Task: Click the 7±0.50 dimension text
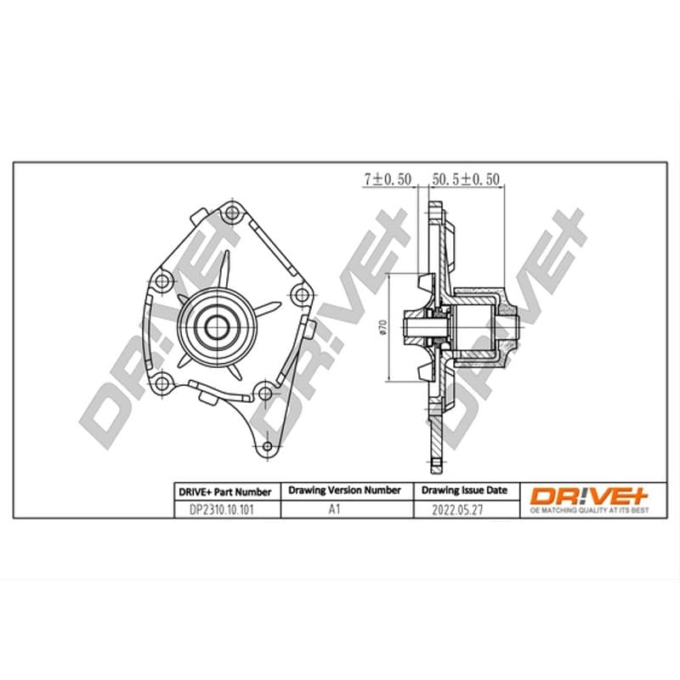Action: point(388,179)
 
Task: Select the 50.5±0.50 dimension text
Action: point(466,179)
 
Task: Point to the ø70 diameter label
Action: point(382,327)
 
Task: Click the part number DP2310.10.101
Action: point(221,509)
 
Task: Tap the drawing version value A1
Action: point(334,509)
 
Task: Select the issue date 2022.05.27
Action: point(457,509)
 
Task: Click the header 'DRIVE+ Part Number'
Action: point(224,492)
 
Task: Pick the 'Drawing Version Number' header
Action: point(344,490)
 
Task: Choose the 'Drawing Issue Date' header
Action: point(464,490)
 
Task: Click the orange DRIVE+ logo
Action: point(590,496)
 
